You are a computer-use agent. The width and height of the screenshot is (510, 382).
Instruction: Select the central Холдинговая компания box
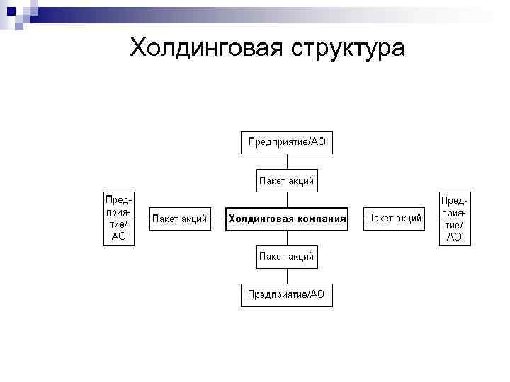coord(286,219)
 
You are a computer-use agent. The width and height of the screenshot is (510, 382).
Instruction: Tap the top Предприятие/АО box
coord(286,142)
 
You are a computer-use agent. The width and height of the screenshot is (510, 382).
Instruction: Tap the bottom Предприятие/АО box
coord(286,294)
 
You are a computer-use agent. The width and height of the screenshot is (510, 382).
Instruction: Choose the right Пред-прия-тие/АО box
coord(454,218)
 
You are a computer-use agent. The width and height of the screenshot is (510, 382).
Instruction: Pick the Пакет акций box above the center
coord(286,181)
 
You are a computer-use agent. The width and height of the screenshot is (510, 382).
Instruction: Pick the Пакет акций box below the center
coord(286,256)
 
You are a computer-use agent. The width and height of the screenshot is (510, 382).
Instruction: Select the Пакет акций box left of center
coord(180,219)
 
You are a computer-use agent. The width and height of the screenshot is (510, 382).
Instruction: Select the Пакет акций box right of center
coord(394,219)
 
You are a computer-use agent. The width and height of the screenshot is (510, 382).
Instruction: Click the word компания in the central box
coord(317,219)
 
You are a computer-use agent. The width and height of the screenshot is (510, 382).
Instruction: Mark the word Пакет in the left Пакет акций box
coord(166,219)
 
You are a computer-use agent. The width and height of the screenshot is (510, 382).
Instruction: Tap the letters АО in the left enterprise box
coord(119,237)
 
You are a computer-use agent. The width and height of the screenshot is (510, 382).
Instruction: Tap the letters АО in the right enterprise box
coord(454,237)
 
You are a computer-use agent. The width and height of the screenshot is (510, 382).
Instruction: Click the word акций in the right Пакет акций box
coord(408,219)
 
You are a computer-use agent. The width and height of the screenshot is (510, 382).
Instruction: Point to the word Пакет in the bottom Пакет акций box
coord(272,256)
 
